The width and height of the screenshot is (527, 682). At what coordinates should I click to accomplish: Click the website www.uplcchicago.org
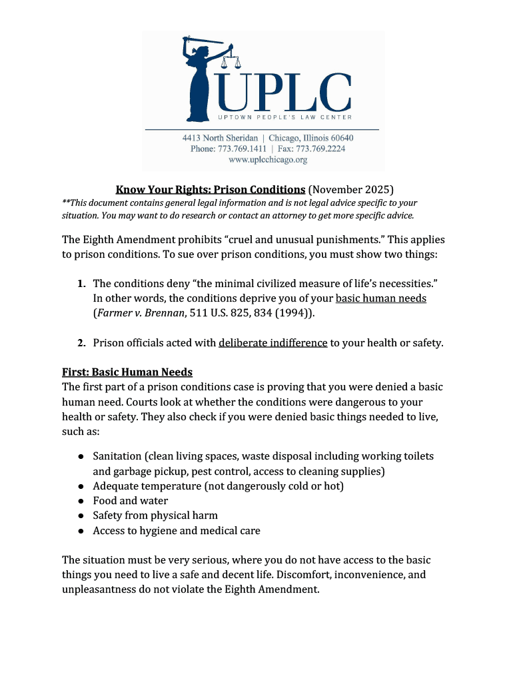pos(268,160)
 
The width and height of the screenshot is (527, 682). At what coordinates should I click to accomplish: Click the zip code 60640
pos(340,138)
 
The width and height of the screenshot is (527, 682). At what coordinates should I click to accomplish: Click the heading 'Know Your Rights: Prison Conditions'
pos(211,190)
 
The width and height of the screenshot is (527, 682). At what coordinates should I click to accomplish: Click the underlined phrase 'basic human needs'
pos(380,298)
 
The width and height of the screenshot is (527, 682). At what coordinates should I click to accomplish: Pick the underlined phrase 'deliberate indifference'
pos(272,343)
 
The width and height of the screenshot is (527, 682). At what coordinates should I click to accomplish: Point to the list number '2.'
pos(81,343)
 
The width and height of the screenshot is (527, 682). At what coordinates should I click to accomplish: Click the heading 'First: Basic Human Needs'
pos(127,372)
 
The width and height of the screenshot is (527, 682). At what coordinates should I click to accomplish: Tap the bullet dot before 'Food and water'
pos(80,501)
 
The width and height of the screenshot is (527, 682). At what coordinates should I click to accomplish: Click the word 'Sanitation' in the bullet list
pos(117,456)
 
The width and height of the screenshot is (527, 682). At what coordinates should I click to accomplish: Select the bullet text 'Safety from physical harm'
pos(155,515)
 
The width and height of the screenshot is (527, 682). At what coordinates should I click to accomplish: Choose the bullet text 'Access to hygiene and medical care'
pos(177,531)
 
